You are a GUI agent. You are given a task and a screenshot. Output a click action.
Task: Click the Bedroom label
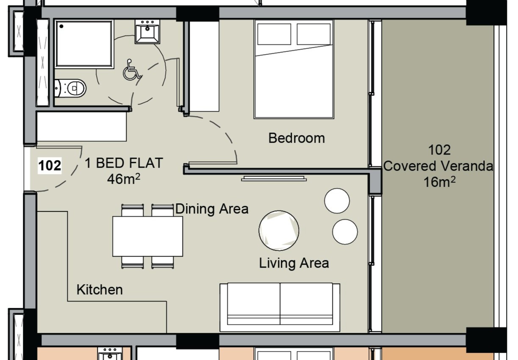point(296,138)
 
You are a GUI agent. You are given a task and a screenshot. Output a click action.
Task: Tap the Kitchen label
point(100,290)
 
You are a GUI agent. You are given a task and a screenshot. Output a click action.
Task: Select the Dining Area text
point(212,209)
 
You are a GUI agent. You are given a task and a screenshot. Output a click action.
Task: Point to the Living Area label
point(294,263)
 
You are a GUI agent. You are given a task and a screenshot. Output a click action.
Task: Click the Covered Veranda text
point(438,166)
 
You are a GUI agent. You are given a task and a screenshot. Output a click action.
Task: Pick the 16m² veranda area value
point(439,182)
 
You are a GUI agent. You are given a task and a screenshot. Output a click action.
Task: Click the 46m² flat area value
point(124,179)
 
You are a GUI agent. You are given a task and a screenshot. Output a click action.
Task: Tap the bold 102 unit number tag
point(50,166)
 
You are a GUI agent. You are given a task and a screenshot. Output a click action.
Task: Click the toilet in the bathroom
point(70,89)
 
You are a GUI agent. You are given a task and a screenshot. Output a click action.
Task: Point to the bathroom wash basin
point(147,32)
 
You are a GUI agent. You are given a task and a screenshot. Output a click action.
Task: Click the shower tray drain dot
point(61,26)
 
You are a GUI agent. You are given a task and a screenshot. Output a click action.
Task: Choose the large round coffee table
point(279,230)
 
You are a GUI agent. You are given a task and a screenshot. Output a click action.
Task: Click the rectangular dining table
point(147,236)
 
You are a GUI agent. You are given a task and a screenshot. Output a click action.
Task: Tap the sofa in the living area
point(280,307)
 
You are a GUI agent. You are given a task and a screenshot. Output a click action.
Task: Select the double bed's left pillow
point(274,34)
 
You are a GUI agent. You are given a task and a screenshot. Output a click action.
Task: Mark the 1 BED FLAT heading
point(124,163)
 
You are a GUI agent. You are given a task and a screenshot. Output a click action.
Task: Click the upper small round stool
point(337,201)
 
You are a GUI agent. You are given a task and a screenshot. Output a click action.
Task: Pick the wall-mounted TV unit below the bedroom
point(274,178)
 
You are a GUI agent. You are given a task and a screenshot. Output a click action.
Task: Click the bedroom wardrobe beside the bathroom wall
point(204,66)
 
